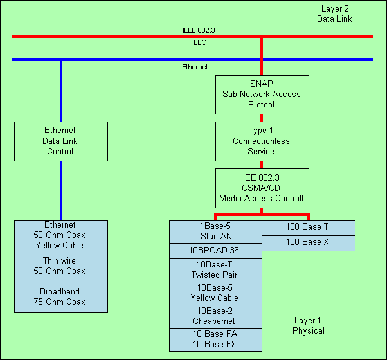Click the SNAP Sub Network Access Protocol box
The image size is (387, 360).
click(262, 94)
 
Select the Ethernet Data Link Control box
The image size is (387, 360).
click(61, 141)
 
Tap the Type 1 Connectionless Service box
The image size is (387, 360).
click(262, 141)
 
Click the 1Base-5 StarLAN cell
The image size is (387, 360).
click(215, 231)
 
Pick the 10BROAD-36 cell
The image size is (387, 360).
click(215, 251)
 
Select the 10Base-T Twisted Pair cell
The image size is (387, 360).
click(215, 270)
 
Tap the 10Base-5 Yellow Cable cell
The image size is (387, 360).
click(215, 293)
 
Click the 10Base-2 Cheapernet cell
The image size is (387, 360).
click(215, 316)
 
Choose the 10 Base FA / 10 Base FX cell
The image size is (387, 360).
click(215, 339)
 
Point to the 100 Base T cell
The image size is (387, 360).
click(308, 227)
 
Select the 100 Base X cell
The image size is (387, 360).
click(308, 242)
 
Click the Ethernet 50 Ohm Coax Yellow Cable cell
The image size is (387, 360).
click(61, 235)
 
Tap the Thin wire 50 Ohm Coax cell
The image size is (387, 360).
click(61, 266)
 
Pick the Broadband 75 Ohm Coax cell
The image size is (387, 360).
click(61, 297)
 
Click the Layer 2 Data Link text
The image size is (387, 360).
click(334, 14)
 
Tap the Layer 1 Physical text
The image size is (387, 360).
click(309, 326)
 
